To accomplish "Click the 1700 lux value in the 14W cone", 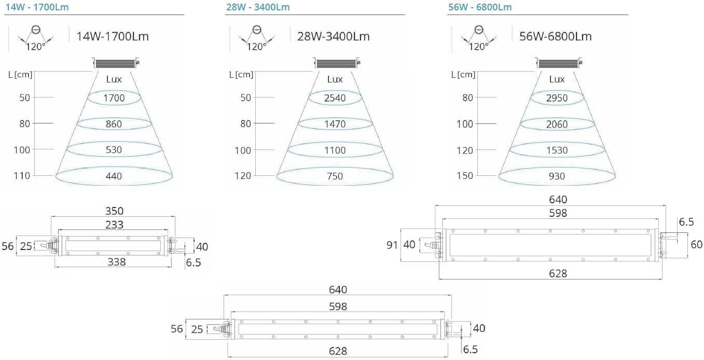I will [114, 98].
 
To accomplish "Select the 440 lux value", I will [114, 176].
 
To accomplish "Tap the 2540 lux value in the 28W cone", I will [335, 98].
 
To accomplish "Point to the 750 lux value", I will [335, 176].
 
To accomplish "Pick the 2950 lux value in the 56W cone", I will [557, 98].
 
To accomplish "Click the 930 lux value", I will [557, 176].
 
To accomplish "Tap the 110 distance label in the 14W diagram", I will [22, 175].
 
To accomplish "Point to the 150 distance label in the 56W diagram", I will [465, 175].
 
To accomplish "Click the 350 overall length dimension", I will [114, 211].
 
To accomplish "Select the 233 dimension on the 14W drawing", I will [114, 224].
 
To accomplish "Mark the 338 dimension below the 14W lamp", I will [116, 262].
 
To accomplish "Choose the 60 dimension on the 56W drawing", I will [696, 244].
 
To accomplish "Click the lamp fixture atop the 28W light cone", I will [337, 63].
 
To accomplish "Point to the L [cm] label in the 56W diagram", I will [463, 74].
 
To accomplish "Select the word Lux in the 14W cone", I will [114, 79].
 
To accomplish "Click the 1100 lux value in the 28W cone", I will [335, 150].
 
